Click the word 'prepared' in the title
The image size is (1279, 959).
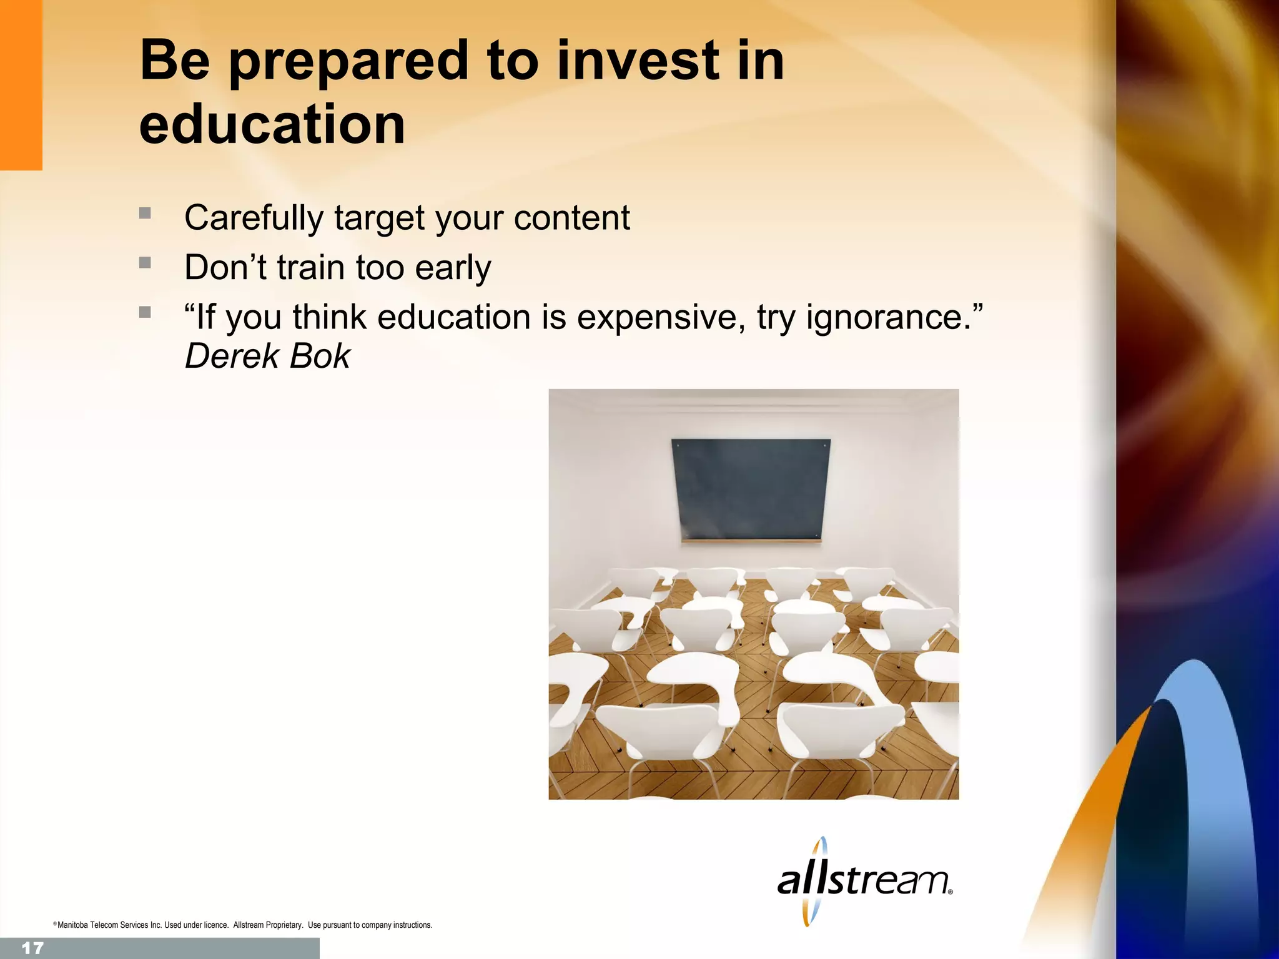(348, 62)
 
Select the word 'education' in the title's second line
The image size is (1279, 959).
(272, 124)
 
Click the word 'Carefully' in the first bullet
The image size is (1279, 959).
(254, 218)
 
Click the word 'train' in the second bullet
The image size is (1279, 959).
(310, 267)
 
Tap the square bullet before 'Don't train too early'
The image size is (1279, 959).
(145, 262)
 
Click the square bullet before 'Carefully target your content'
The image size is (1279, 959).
(145, 213)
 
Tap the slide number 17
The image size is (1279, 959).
(32, 948)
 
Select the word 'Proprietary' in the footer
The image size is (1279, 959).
(284, 925)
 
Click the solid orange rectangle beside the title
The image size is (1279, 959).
(21, 84)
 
